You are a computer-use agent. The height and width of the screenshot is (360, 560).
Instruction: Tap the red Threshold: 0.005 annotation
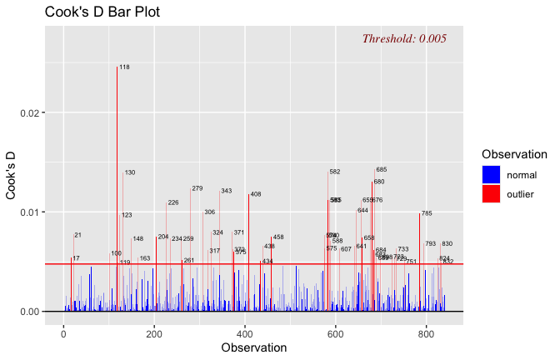(404, 38)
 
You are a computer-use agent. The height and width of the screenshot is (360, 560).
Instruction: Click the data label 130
(129, 172)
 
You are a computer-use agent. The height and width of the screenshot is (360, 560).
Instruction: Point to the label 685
(381, 170)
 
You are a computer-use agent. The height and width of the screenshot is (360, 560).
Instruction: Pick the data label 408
(256, 194)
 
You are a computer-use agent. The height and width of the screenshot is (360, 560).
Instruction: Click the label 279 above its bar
(197, 188)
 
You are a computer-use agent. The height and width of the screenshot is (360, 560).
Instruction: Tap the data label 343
(226, 191)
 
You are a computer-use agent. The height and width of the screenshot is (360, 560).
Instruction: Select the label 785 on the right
(427, 213)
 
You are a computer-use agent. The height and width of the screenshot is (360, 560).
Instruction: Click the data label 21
(77, 235)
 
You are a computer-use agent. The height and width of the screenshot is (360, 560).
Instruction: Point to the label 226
(173, 202)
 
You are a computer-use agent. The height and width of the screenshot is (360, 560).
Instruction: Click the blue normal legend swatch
(492, 174)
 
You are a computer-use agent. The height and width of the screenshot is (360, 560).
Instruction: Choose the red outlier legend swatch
(492, 194)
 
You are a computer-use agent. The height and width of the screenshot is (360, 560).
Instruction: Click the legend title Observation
(514, 154)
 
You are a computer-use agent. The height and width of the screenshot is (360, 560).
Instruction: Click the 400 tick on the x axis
(245, 333)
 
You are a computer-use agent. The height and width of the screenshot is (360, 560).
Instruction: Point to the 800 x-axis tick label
(426, 333)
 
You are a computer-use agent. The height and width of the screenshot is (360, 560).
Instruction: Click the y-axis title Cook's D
(12, 175)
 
